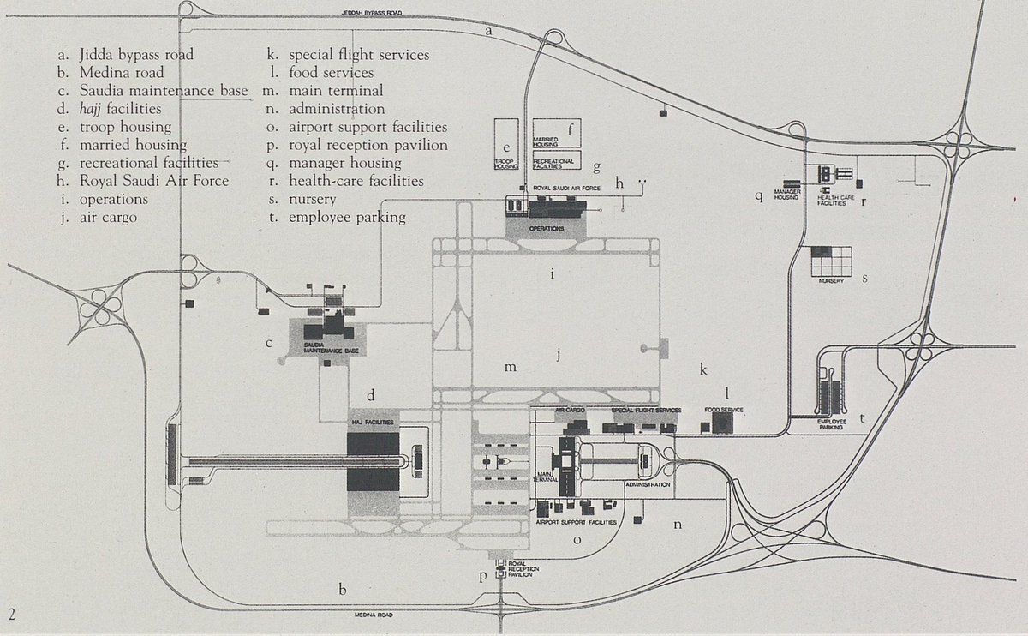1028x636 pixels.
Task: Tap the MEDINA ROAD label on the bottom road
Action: click(x=374, y=615)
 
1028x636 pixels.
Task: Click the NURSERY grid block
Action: click(x=832, y=262)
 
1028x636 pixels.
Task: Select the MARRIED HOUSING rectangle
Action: click(x=557, y=132)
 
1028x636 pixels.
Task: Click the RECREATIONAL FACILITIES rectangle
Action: click(x=557, y=160)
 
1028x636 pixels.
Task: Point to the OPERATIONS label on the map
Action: click(x=546, y=230)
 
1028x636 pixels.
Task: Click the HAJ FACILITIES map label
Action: click(x=373, y=423)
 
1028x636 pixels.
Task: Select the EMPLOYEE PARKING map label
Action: click(x=830, y=423)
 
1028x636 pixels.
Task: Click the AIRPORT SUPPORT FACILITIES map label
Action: click(x=576, y=521)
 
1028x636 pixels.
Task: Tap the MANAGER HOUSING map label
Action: click(x=786, y=194)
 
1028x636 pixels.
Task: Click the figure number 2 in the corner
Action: click(x=12, y=614)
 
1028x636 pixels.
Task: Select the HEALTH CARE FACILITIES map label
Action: click(x=835, y=201)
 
